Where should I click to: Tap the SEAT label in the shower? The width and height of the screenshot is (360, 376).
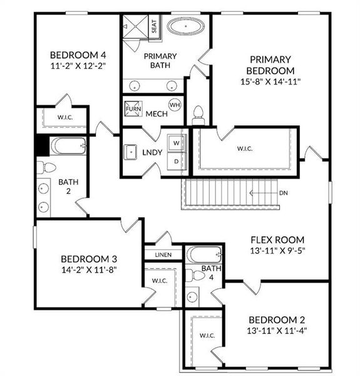pyautogui.click(x=155, y=26)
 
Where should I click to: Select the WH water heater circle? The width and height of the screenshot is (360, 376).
pyautogui.click(x=175, y=105)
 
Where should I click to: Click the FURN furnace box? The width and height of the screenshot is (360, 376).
pyautogui.click(x=133, y=108)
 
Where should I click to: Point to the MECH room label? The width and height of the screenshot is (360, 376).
pyautogui.click(x=156, y=114)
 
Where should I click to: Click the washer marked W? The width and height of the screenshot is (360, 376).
pyautogui.click(x=176, y=142)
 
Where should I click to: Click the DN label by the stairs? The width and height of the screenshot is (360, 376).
pyautogui.click(x=284, y=193)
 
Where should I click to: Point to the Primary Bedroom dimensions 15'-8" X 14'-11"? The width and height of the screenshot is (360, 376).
pyautogui.click(x=270, y=82)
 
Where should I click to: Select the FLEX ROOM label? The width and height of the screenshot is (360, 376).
pyautogui.click(x=277, y=239)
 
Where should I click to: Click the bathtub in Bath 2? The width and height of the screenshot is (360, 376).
pyautogui.click(x=68, y=147)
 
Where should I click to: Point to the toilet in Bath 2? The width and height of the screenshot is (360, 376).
pyautogui.click(x=46, y=167)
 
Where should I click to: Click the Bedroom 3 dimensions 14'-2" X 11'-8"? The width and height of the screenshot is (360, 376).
pyautogui.click(x=89, y=269)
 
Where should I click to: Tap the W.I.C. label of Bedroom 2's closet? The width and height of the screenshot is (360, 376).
pyautogui.click(x=207, y=335)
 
